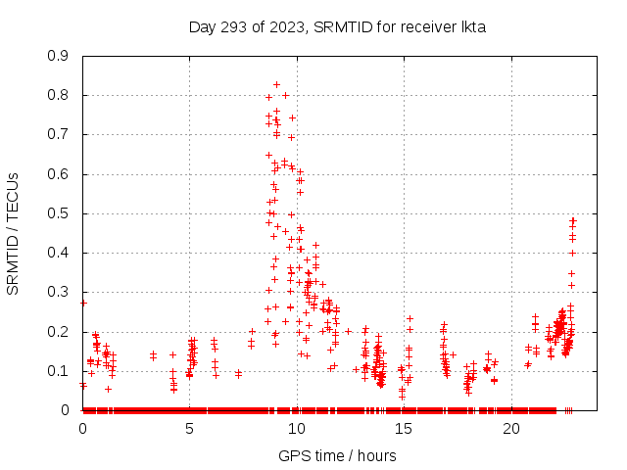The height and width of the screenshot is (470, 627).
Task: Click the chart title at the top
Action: coord(337,26)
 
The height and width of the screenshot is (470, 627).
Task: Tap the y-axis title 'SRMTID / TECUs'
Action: coord(13,233)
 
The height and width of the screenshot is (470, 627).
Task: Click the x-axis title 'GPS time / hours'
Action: coord(337,455)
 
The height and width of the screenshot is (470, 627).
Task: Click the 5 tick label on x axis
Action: coord(190,428)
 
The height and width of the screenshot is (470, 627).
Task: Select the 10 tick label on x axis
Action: coord(297,428)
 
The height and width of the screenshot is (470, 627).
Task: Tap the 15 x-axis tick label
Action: coord(405,428)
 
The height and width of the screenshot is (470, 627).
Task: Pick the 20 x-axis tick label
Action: coord(511,428)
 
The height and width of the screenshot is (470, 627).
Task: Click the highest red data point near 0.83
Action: coord(277,84)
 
